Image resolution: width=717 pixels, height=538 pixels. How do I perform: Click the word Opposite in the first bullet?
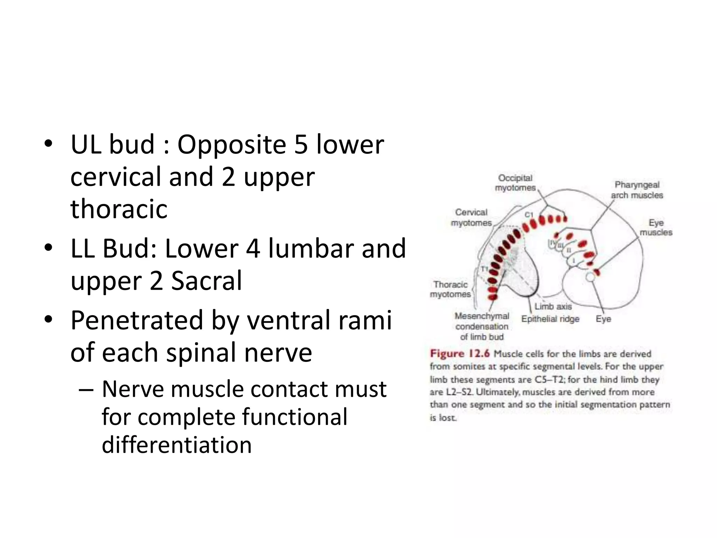(232, 145)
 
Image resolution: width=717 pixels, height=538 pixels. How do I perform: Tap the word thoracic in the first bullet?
(119, 209)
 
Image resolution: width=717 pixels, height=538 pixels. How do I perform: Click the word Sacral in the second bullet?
(207, 281)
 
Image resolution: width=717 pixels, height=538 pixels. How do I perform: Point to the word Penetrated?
(137, 320)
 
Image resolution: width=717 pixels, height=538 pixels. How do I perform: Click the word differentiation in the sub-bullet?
(177, 445)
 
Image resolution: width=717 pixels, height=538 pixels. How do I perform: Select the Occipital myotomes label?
(515, 183)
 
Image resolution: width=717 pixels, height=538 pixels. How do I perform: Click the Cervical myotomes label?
(471, 218)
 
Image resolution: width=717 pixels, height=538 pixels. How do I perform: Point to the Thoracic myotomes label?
(450, 289)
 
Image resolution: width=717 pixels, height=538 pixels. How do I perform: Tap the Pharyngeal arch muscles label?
(637, 190)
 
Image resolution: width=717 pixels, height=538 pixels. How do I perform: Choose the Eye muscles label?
(656, 227)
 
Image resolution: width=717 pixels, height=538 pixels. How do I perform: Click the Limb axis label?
(553, 306)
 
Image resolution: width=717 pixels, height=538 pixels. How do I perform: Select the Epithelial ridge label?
(550, 319)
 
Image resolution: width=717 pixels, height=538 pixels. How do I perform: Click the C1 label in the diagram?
(529, 215)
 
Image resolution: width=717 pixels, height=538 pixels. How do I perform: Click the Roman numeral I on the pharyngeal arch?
(573, 261)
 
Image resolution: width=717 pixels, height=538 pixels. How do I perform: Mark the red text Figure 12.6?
(460, 353)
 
